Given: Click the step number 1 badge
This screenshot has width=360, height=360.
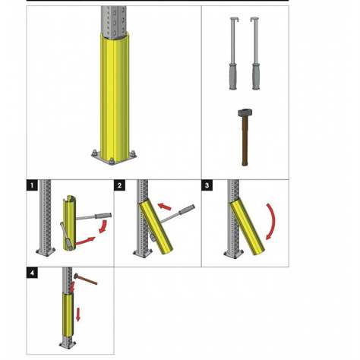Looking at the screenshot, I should click(x=31, y=185).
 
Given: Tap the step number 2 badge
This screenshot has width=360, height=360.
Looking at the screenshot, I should click(x=119, y=185).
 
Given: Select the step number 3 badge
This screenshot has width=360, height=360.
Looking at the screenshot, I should click(x=207, y=185).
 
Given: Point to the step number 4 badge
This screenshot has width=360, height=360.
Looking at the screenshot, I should click(x=31, y=272).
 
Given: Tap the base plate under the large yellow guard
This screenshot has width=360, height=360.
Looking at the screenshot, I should click(x=112, y=158).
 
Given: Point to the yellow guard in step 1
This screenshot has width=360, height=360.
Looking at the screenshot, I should click(x=69, y=224).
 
